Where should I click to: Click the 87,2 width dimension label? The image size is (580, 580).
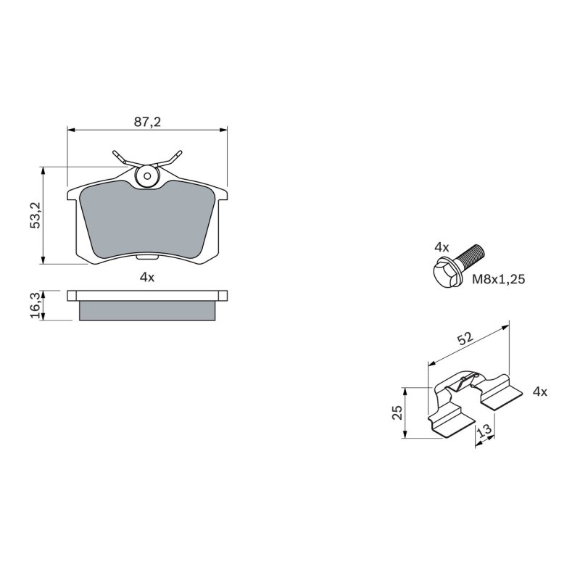pyautogui.click(x=147, y=122)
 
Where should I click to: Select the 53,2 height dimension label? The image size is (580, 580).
pyautogui.click(x=34, y=216)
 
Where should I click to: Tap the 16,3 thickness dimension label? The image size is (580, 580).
pyautogui.click(x=34, y=304)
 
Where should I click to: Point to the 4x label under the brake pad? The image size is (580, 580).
pyautogui.click(x=147, y=277)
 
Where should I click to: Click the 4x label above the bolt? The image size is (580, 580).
pyautogui.click(x=442, y=248)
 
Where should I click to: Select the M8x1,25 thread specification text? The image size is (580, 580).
pyautogui.click(x=499, y=278)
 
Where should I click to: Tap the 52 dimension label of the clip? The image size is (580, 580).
pyautogui.click(x=465, y=338)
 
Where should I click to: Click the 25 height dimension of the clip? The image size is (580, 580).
pyautogui.click(x=397, y=413)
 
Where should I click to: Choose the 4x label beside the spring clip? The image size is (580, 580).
pyautogui.click(x=539, y=392)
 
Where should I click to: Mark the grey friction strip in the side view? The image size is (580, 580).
pyautogui.click(x=147, y=310)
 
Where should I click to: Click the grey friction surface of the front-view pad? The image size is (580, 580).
pyautogui.click(x=147, y=221)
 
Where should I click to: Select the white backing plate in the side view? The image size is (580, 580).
pyautogui.click(x=147, y=295)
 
